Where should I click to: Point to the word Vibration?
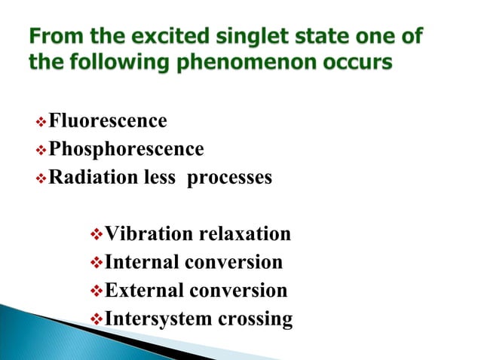pyautogui.click(x=149, y=234)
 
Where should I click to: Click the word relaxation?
pyautogui.click(x=244, y=234)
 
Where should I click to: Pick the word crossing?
pyautogui.click(x=255, y=319)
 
